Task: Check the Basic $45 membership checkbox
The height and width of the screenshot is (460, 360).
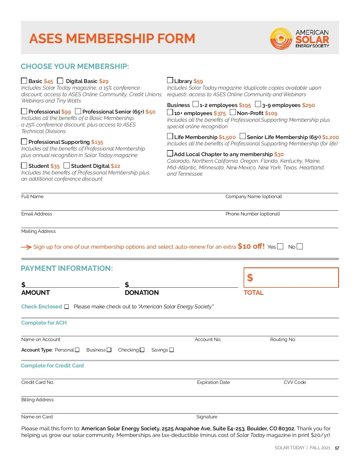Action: pos(24,81)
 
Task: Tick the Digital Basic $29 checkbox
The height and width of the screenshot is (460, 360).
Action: pos(60,81)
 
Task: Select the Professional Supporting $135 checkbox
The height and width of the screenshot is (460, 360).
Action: pos(24,141)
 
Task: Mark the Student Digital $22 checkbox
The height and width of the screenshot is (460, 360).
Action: pos(67,165)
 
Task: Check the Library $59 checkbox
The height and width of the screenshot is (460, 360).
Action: pos(170,80)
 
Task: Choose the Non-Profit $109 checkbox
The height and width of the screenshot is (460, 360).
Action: pos(232,112)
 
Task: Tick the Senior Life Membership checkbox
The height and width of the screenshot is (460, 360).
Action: pos(242,136)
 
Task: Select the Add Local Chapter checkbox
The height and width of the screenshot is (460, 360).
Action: pos(170,153)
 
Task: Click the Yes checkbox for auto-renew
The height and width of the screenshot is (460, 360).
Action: pos(280,246)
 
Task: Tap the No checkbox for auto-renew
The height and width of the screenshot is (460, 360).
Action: pos(299,246)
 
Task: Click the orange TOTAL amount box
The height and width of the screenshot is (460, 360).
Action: pos(291,277)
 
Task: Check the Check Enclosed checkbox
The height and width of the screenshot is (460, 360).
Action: pos(67,307)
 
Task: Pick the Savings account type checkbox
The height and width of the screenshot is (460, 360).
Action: pos(172,350)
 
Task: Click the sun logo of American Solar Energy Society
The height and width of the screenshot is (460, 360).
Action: pos(281,39)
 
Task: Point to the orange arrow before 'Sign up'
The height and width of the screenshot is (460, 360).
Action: pos(26,247)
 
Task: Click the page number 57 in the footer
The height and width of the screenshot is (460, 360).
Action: pos(337,448)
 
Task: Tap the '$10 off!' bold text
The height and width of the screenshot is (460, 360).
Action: pos(251,246)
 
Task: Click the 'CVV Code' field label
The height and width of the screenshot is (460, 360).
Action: pos(295,382)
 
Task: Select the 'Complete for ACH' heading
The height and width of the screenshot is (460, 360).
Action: pos(44,323)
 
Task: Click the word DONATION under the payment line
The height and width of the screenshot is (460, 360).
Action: pos(142,292)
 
